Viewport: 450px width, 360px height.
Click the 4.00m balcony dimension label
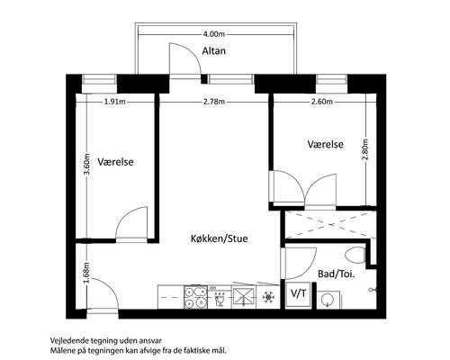(214, 34)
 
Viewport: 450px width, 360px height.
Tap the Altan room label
(214, 50)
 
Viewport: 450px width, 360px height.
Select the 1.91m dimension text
(115, 102)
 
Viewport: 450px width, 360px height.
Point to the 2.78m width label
(214, 102)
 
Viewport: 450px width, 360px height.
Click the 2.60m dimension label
(322, 102)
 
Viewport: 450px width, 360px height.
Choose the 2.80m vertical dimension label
(365, 149)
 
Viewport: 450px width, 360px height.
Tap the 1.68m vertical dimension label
(86, 273)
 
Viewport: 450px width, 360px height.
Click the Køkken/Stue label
(220, 238)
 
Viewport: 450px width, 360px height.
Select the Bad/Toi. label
(337, 274)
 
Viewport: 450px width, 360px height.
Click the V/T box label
(299, 293)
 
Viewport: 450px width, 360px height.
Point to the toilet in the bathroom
(355, 256)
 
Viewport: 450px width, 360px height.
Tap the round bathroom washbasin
(327, 300)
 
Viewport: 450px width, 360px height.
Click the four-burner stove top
(195, 297)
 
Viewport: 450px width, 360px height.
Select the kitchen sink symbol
(243, 297)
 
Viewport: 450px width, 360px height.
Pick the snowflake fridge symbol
(268, 297)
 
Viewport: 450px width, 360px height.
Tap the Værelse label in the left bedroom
(115, 162)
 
